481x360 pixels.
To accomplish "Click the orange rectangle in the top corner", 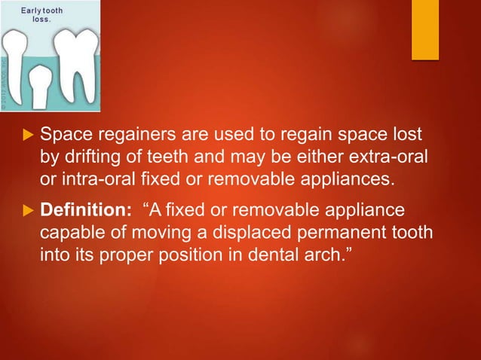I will pyautogui.click(x=424, y=29).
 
